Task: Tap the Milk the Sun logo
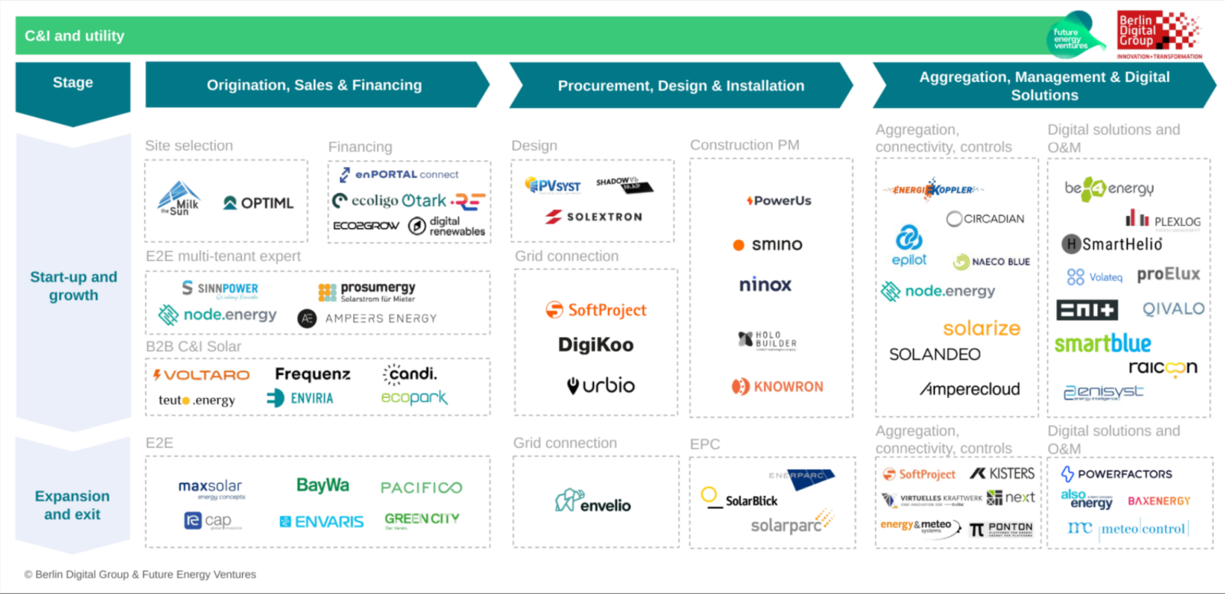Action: (x=179, y=199)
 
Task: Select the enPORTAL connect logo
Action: (x=399, y=175)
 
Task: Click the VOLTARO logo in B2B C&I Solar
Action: (x=201, y=375)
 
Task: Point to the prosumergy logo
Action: (x=367, y=292)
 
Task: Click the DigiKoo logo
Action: (x=596, y=345)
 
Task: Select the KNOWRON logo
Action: (x=777, y=387)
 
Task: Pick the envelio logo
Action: (x=593, y=502)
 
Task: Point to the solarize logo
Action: (x=982, y=328)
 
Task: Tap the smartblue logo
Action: (x=1102, y=344)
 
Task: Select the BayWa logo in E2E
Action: (x=322, y=485)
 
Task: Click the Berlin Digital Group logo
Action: (x=1159, y=34)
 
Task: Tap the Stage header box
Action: (x=73, y=83)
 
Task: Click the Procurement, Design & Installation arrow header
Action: (x=680, y=86)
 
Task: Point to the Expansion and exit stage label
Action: (x=72, y=505)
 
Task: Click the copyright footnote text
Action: (x=140, y=574)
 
